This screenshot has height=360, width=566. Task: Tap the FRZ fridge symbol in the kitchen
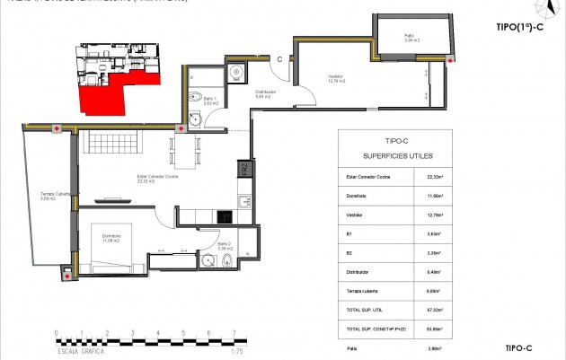point(243,171)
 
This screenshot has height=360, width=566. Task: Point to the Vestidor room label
point(337,77)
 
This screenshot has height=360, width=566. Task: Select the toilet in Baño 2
point(228,261)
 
